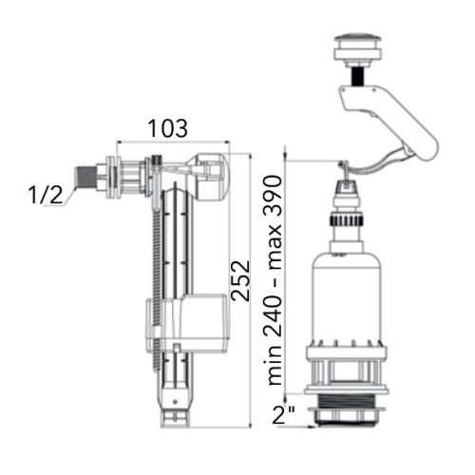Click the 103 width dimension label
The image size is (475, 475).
(168, 128)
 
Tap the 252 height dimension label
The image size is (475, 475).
(240, 280)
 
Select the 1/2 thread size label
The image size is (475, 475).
(46, 194)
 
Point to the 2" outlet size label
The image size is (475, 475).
(284, 414)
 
